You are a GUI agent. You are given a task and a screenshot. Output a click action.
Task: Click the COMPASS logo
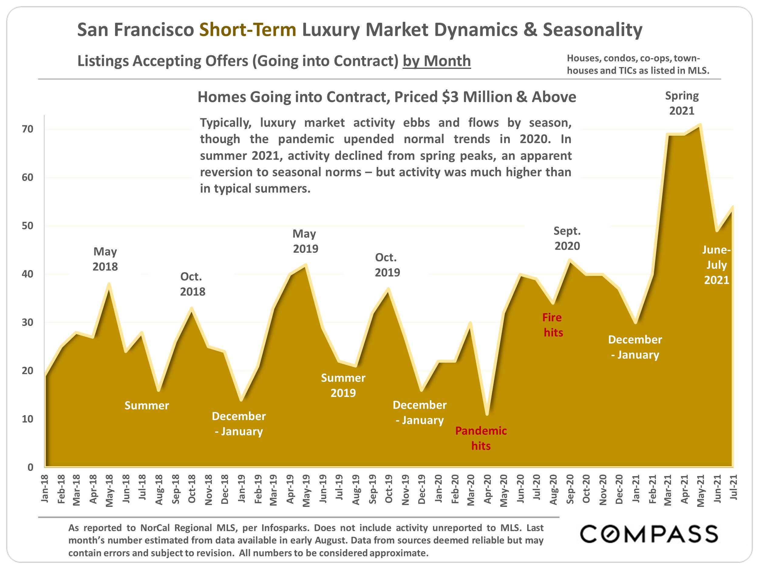648,534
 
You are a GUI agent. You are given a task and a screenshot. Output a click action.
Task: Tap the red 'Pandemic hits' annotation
481,438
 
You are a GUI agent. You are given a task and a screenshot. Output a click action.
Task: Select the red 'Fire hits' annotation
553,325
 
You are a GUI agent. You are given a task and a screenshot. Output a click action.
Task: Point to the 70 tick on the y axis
27,129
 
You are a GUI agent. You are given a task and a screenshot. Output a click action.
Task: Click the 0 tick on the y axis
30,467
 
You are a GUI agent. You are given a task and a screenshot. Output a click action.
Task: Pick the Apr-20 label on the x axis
487,489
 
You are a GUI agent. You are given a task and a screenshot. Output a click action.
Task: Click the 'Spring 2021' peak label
682,103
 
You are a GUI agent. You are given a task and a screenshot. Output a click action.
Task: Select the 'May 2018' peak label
105,259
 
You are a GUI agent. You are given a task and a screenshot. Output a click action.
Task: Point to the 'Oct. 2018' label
192,284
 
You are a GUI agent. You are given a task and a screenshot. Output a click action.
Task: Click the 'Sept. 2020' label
567,238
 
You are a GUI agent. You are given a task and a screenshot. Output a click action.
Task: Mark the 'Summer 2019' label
343,385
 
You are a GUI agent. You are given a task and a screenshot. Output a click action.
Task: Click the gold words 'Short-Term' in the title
248,29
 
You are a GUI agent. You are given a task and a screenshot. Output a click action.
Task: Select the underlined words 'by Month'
437,61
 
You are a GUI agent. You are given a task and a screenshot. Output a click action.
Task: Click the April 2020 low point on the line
487,414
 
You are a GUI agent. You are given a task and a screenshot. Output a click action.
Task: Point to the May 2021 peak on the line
700,124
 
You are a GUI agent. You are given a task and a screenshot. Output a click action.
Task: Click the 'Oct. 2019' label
387,265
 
